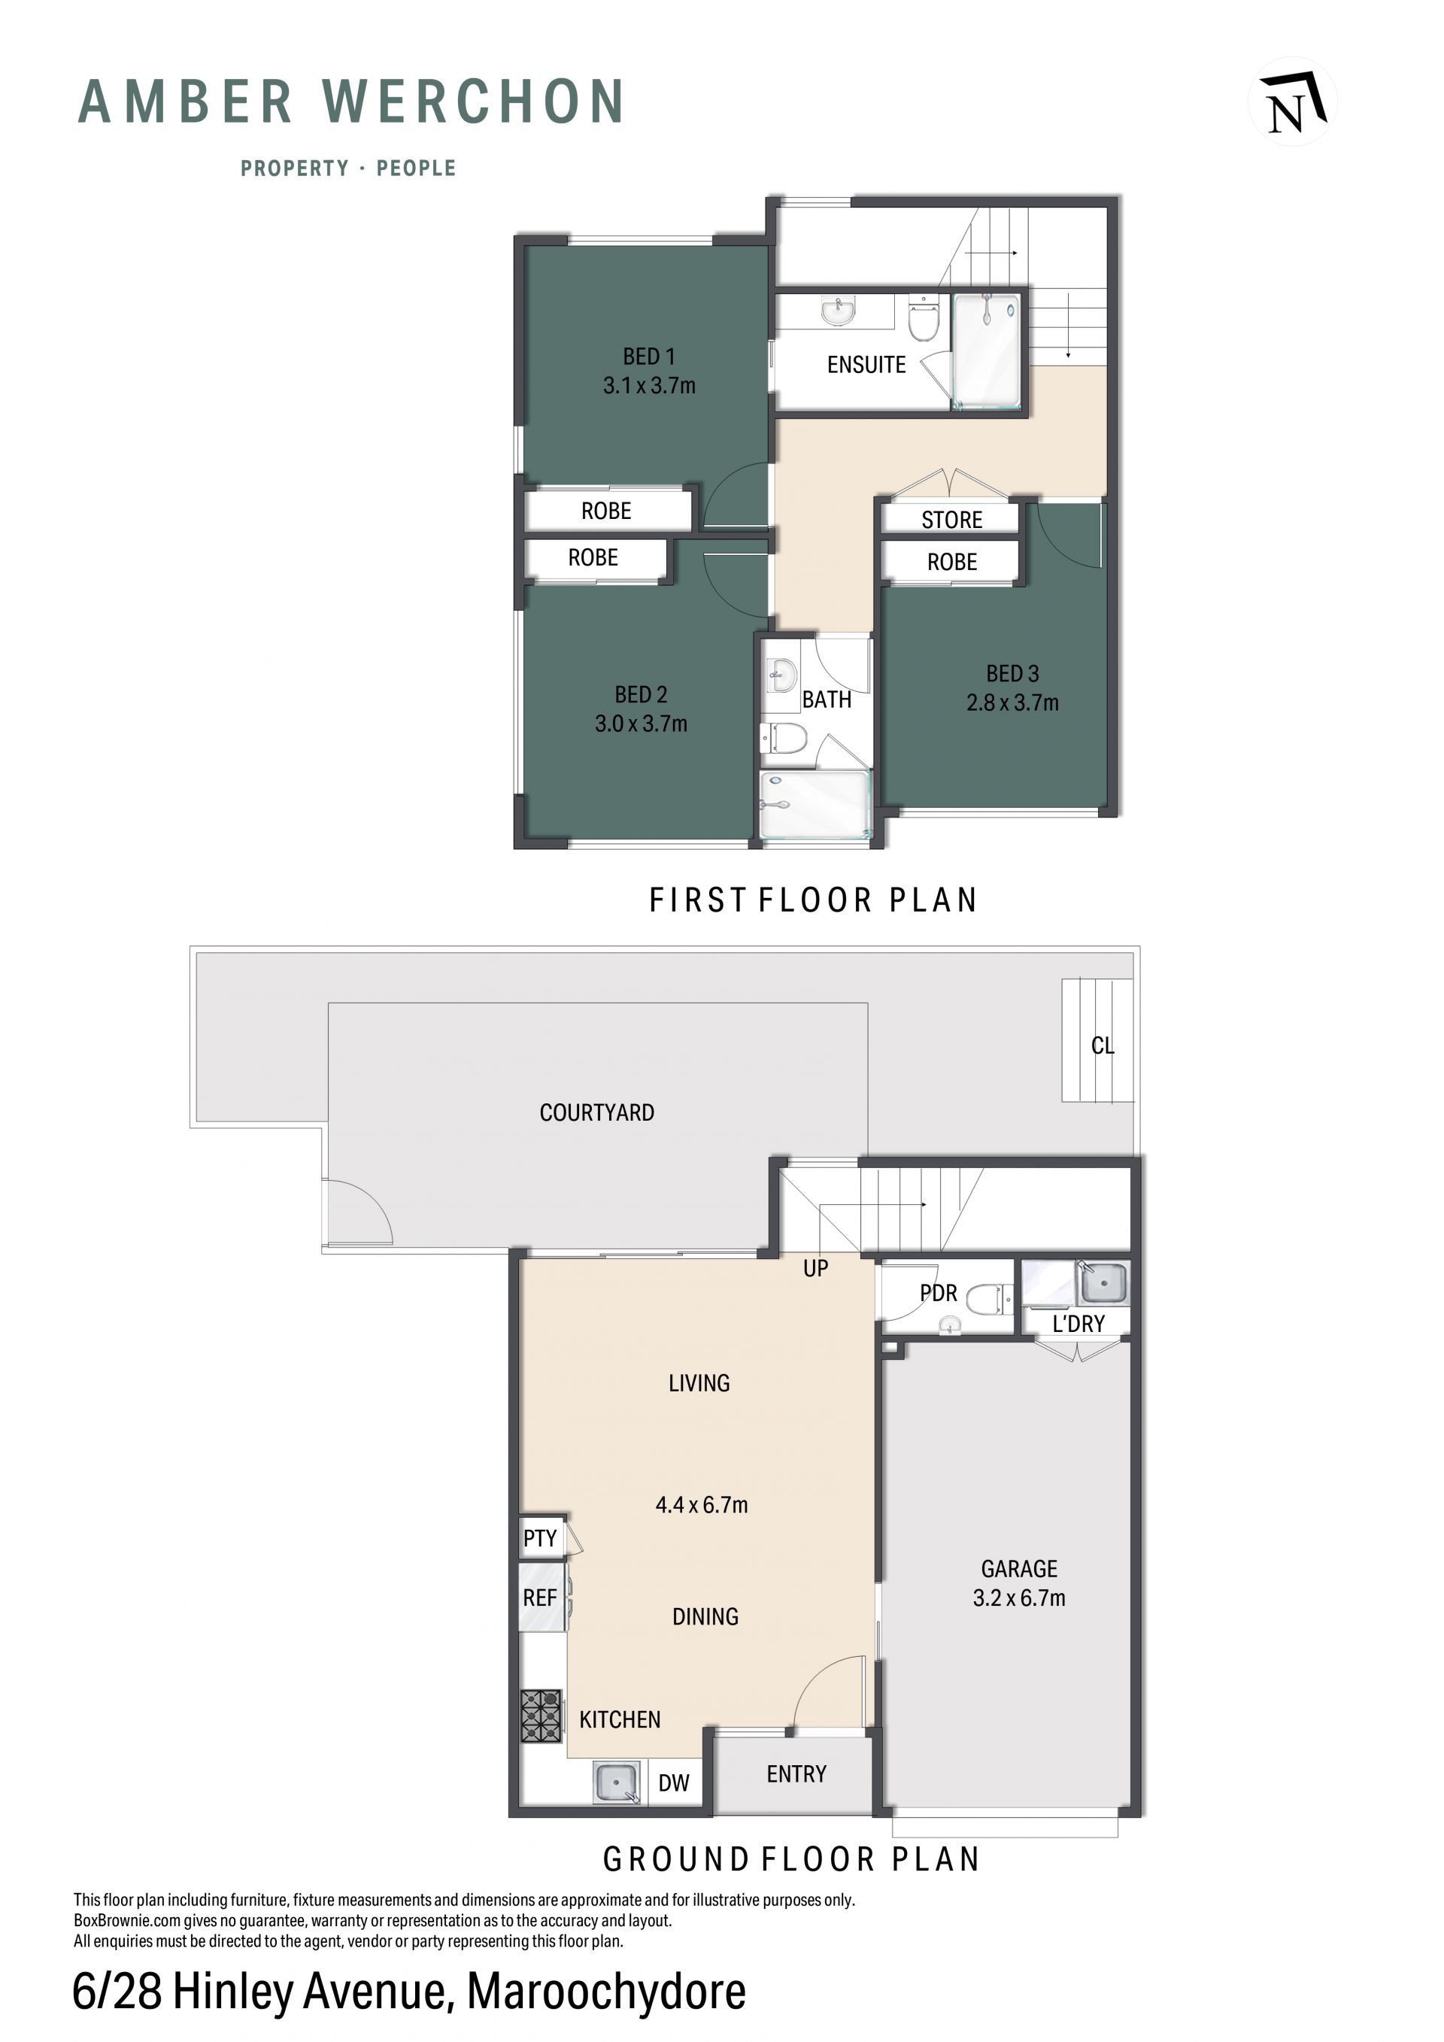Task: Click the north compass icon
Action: tap(1293, 102)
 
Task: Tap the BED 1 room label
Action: tap(649, 357)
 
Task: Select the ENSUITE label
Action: tap(866, 365)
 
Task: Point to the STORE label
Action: tap(951, 520)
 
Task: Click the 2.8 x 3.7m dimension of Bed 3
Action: tap(1013, 702)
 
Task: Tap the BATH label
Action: tap(827, 700)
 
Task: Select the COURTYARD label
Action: tap(596, 1112)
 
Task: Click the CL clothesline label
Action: tap(1103, 1046)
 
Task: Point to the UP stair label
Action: tap(815, 1268)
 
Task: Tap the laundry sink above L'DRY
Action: tap(1103, 1282)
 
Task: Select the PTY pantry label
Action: tap(540, 1539)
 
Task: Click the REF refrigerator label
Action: tap(540, 1598)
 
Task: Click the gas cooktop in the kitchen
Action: tap(541, 1716)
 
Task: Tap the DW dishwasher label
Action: tap(674, 1783)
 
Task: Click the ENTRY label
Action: tap(796, 1774)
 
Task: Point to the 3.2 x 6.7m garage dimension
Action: tap(1019, 1598)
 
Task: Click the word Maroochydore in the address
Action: tap(606, 1992)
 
